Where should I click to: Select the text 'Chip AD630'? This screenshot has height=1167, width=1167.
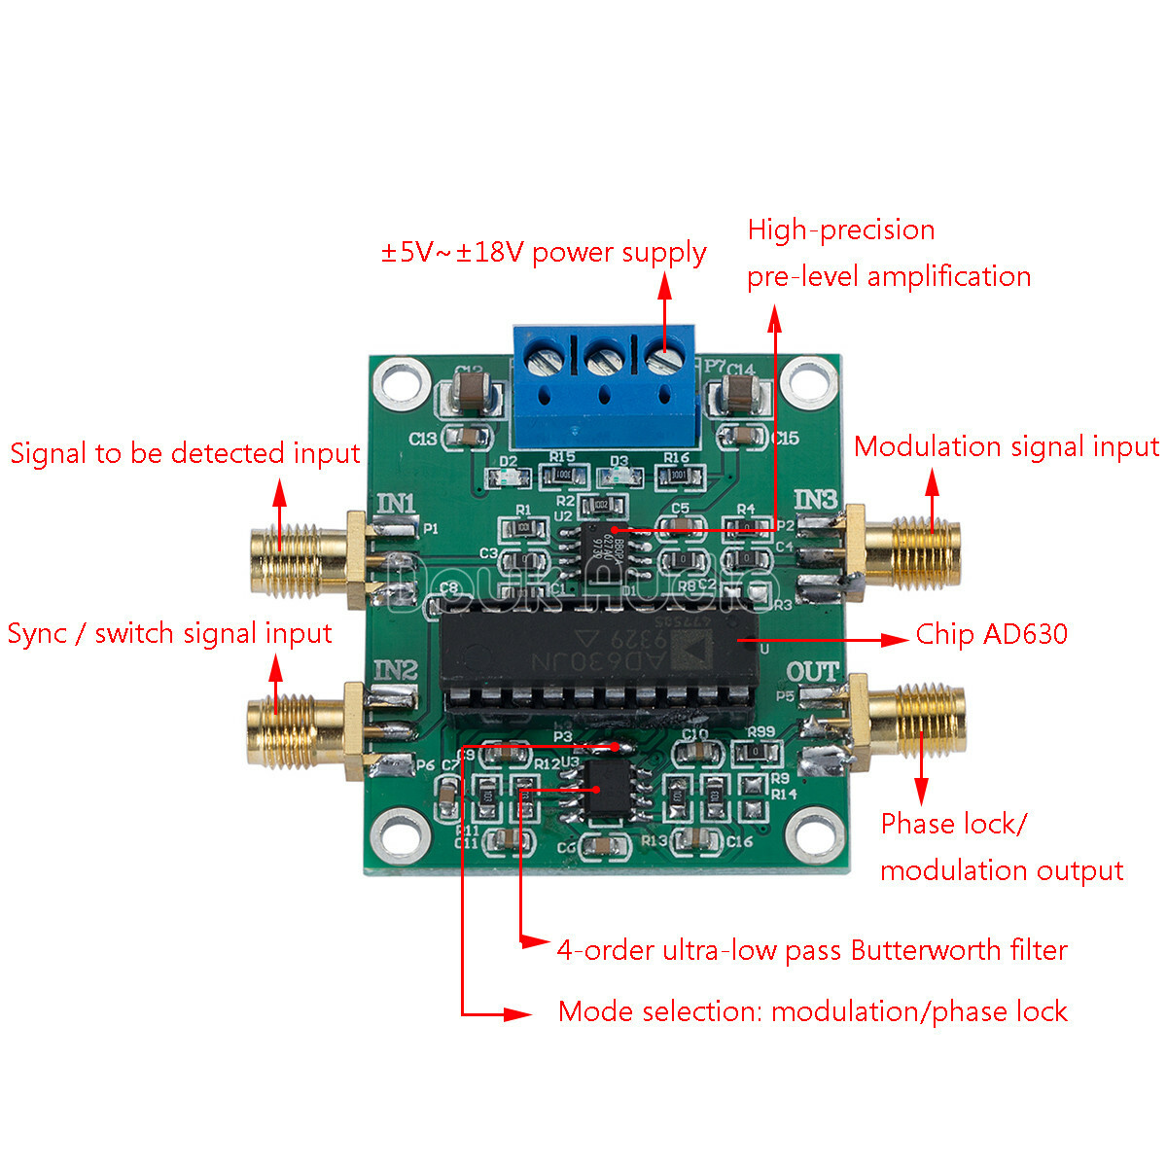click(x=991, y=635)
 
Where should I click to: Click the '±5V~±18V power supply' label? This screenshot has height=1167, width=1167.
click(x=544, y=253)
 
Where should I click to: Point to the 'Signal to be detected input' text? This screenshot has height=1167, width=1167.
click(x=185, y=454)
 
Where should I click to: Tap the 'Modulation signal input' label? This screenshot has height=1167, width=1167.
click(x=1006, y=447)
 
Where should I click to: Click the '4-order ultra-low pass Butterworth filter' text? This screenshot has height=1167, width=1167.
click(x=811, y=950)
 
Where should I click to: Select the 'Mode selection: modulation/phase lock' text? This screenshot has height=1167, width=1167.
click(x=812, y=1011)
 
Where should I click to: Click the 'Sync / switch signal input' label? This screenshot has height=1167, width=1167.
click(x=169, y=634)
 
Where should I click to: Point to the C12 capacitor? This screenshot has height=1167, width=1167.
click(x=471, y=394)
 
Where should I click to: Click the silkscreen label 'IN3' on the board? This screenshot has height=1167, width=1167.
click(x=814, y=500)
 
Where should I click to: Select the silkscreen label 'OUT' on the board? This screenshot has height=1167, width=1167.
click(x=811, y=672)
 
